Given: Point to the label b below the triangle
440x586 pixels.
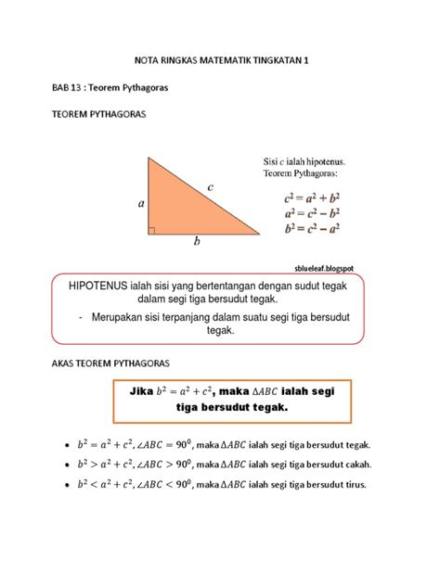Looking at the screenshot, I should point(197,244).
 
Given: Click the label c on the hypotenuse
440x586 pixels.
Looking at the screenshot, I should point(211,187).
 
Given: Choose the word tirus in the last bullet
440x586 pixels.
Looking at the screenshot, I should point(353,485).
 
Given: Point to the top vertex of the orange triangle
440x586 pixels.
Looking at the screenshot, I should point(148,158).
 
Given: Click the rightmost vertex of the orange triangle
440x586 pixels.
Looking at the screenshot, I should point(260,233).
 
